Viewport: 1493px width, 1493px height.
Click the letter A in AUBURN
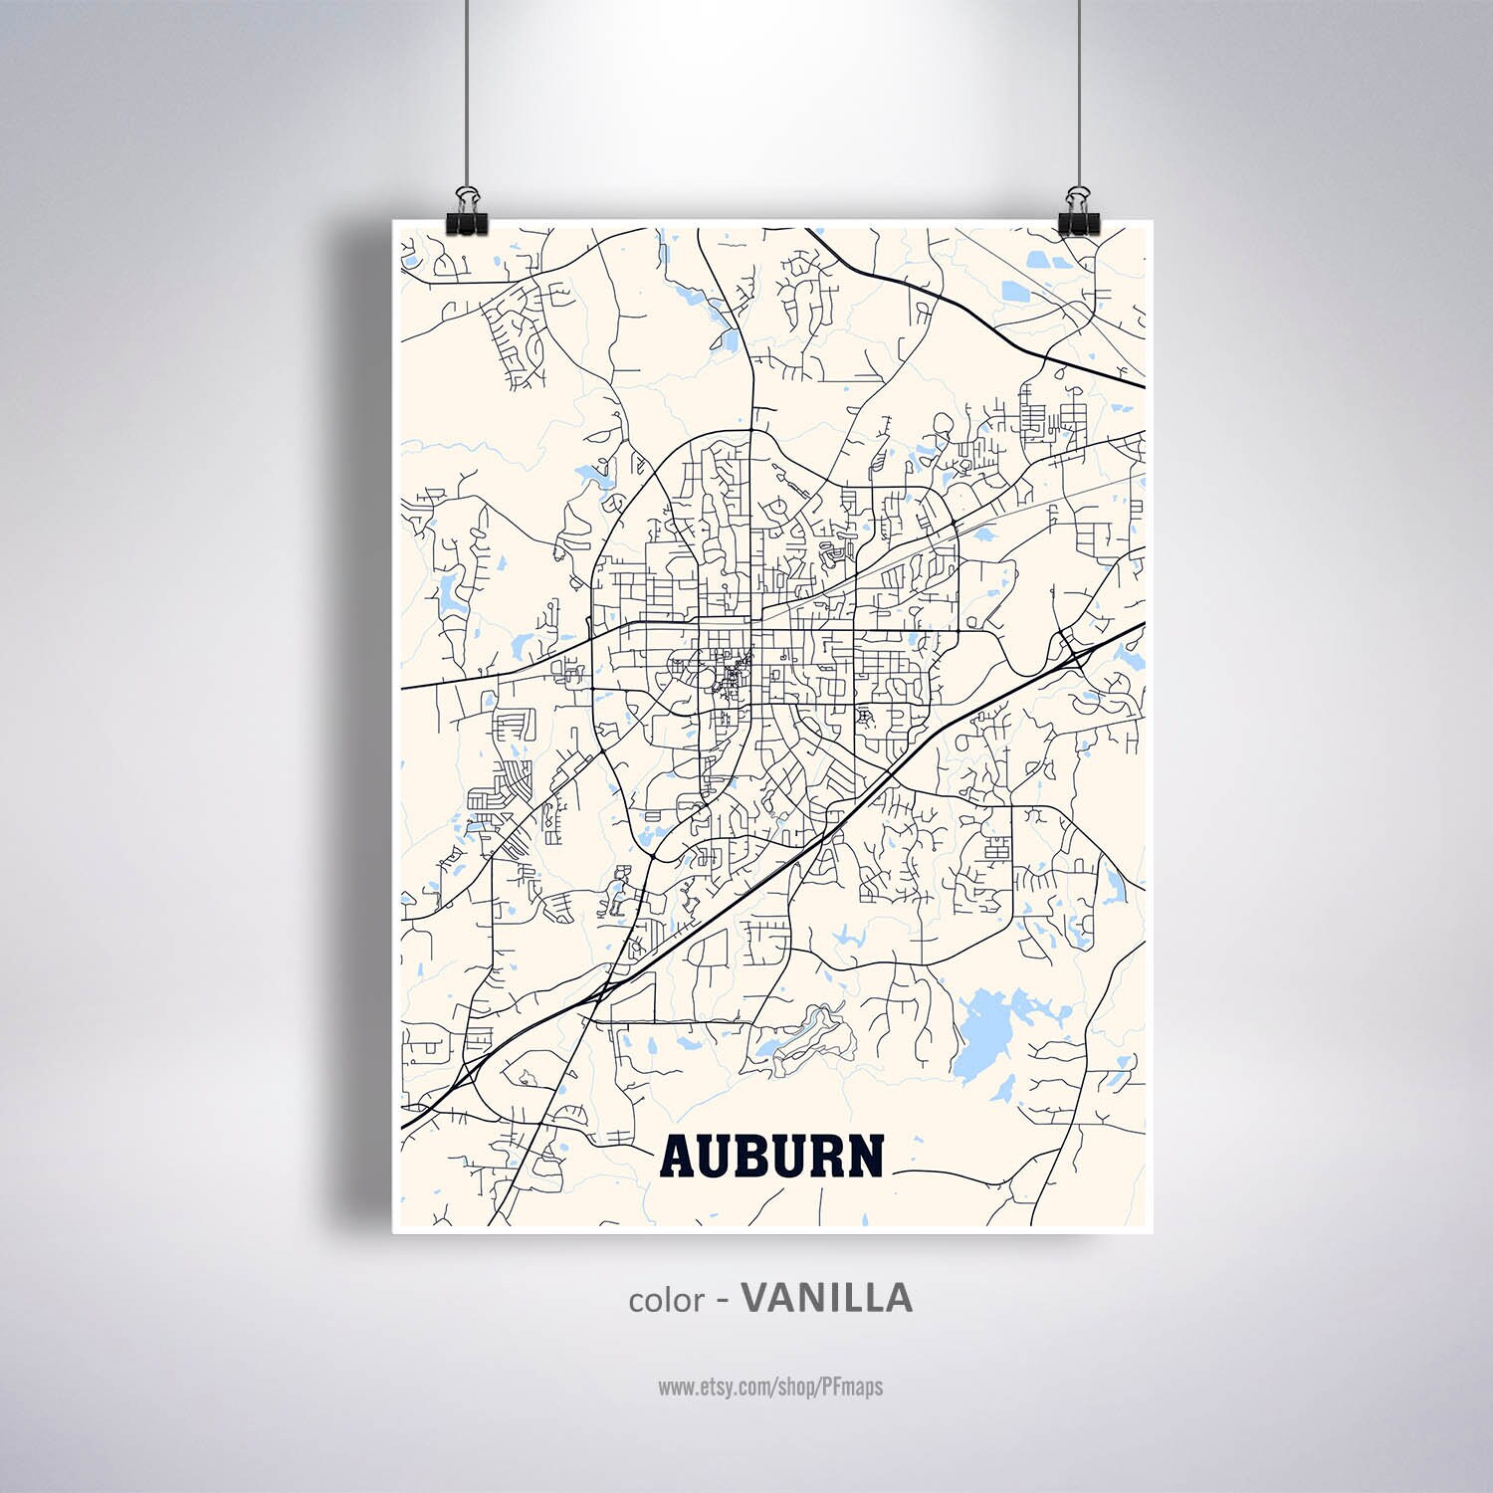pyautogui.click(x=680, y=1156)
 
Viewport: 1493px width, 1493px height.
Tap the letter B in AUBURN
pyautogui.click(x=755, y=1156)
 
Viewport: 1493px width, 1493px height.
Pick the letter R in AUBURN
pyautogui.click(x=828, y=1156)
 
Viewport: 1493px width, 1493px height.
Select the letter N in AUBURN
pyautogui.click(x=865, y=1156)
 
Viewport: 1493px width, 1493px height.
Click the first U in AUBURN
pyautogui.click(x=718, y=1156)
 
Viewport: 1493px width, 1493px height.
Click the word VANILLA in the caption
pyautogui.click(x=826, y=1298)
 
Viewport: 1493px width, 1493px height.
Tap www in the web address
pyautogui.click(x=675, y=1386)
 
